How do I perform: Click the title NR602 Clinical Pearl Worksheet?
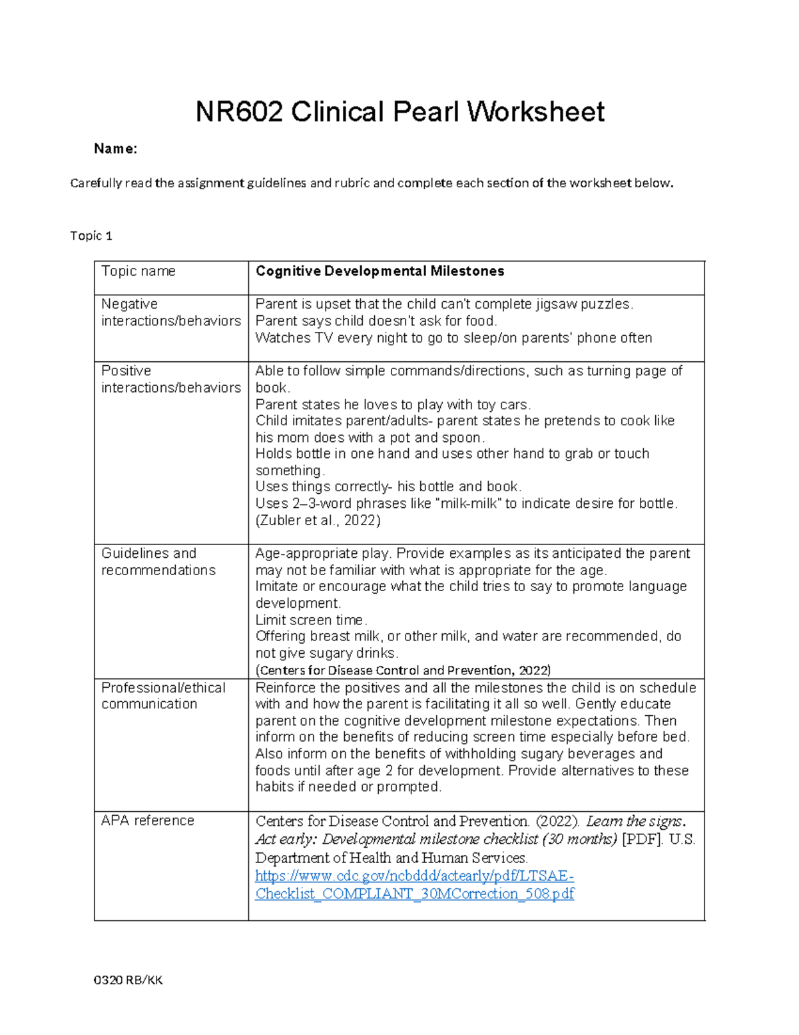tap(400, 112)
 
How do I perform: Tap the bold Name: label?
tap(115, 149)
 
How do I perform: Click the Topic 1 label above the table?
tap(91, 236)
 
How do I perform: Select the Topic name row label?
tap(138, 271)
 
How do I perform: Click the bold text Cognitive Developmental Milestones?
tap(380, 271)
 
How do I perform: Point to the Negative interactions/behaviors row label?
tap(170, 313)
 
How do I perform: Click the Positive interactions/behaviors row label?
tap(170, 379)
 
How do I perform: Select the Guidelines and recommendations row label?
tap(158, 562)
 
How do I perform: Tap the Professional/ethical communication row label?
tap(163, 696)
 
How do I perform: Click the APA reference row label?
tap(147, 821)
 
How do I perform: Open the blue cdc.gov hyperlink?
tap(414, 885)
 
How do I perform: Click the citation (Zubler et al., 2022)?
tap(318, 520)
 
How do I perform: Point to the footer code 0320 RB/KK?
tap(128, 980)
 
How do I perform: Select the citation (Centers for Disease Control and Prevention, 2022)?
tap(403, 670)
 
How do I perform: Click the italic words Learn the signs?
tap(635, 822)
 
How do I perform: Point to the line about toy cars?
tap(393, 405)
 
